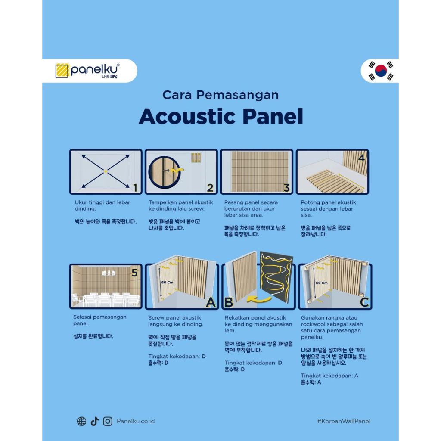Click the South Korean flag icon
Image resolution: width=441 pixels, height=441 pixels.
(x=381, y=71)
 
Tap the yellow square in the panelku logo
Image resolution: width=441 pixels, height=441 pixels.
(x=62, y=70)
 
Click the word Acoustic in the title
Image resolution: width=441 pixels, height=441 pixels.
(x=187, y=116)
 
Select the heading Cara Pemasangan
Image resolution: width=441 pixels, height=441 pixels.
(x=220, y=95)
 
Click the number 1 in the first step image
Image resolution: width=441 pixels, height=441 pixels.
(x=135, y=188)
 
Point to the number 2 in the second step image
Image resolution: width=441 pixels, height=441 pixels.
(x=210, y=188)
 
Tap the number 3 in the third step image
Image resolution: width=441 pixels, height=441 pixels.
(x=286, y=188)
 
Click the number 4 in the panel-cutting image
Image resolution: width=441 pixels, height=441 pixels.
(x=361, y=158)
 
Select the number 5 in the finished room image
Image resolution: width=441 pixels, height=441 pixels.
(x=134, y=273)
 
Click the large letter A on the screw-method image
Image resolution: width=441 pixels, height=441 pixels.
(x=211, y=303)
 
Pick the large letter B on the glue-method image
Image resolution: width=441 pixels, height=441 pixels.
(x=229, y=302)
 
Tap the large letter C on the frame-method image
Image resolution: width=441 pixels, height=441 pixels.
(x=364, y=302)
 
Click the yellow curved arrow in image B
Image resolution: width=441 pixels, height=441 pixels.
(x=259, y=300)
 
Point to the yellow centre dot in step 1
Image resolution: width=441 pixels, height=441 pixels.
(x=106, y=171)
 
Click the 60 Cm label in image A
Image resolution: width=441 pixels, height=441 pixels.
(x=168, y=282)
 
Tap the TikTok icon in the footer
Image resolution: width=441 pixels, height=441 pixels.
(x=95, y=421)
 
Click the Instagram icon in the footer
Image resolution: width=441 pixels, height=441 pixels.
(x=107, y=421)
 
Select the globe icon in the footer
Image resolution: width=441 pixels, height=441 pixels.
(x=81, y=421)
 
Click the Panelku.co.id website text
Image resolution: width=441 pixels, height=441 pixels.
(x=136, y=421)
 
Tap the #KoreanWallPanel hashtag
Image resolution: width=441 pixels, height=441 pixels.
(x=344, y=421)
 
